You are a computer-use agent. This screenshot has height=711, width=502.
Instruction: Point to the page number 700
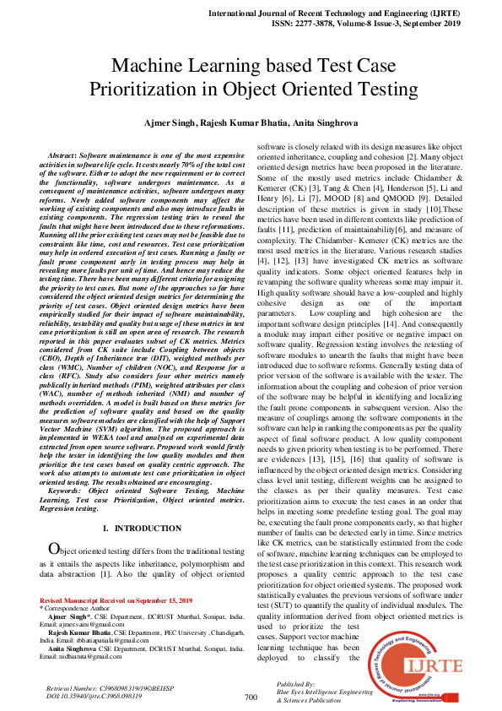click(x=251, y=697)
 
